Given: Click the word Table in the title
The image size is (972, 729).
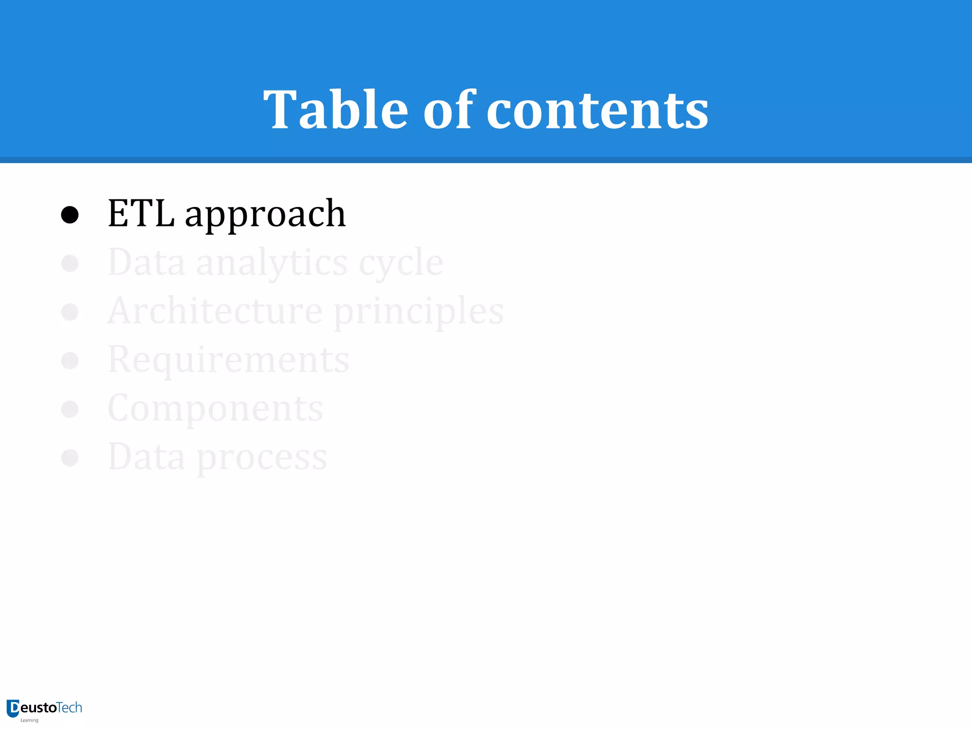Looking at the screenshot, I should (336, 110).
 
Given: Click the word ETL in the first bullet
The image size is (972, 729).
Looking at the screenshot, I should (141, 214).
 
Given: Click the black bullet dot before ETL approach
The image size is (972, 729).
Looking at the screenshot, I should (70, 215).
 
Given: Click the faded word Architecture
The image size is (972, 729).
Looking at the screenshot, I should (215, 311).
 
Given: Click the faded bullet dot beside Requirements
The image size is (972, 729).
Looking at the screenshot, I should (70, 361).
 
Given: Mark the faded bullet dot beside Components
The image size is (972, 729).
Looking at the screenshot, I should (70, 409).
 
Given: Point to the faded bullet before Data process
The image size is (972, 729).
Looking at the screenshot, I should (70, 458).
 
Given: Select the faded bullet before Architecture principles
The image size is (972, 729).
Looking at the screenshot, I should (70, 312).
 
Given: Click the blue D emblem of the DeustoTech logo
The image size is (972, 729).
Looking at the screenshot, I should (13, 709).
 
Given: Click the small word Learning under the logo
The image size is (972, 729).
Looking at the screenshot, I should (29, 720).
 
